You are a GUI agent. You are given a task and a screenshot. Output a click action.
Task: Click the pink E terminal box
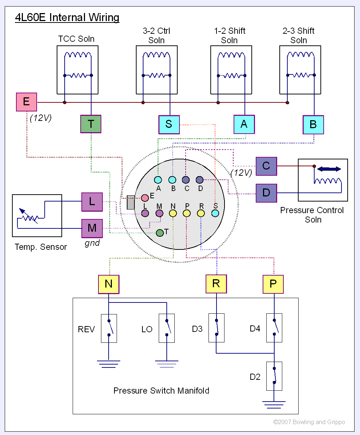click(x=27, y=102)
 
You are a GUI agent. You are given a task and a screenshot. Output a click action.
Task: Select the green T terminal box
click(x=90, y=124)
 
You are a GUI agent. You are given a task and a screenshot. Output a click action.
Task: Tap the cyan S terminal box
click(x=169, y=124)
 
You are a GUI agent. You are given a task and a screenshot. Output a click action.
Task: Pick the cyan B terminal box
click(x=313, y=125)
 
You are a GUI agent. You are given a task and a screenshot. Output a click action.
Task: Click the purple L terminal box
click(x=92, y=202)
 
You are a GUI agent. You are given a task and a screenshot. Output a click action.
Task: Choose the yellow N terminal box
click(x=109, y=284)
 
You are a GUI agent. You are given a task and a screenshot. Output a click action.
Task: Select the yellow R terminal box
click(x=216, y=284)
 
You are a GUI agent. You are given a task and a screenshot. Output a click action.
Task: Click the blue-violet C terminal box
click(x=266, y=166)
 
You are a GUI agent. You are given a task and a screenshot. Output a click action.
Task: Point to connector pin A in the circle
click(x=158, y=179)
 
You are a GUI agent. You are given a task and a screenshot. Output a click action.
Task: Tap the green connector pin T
click(x=160, y=233)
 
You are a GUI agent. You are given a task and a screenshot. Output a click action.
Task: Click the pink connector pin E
click(x=145, y=198)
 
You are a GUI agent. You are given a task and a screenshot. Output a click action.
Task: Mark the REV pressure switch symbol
click(x=109, y=328)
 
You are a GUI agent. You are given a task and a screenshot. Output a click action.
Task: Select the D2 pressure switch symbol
click(x=274, y=376)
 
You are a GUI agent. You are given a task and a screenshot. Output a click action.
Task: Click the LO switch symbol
click(x=167, y=328)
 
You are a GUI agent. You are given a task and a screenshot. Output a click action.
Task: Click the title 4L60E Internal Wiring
click(x=67, y=17)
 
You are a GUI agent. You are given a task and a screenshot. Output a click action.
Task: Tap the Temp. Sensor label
click(x=41, y=247)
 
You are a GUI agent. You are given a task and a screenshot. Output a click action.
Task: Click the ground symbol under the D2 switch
click(x=274, y=404)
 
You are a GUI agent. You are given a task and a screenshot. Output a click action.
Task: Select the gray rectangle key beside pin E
click(x=131, y=203)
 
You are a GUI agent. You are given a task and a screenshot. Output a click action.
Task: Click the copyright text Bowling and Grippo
click(x=309, y=422)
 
